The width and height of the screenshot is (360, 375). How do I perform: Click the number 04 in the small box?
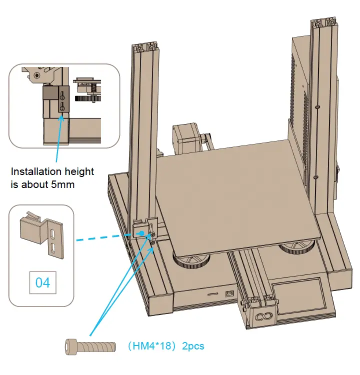42,282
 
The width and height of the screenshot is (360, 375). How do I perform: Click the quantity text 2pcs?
193,346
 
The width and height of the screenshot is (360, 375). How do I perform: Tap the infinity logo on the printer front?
262,316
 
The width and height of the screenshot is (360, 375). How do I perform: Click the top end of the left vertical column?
146,48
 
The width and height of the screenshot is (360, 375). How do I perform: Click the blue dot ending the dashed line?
141,233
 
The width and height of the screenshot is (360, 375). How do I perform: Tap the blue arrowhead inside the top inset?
61,117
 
